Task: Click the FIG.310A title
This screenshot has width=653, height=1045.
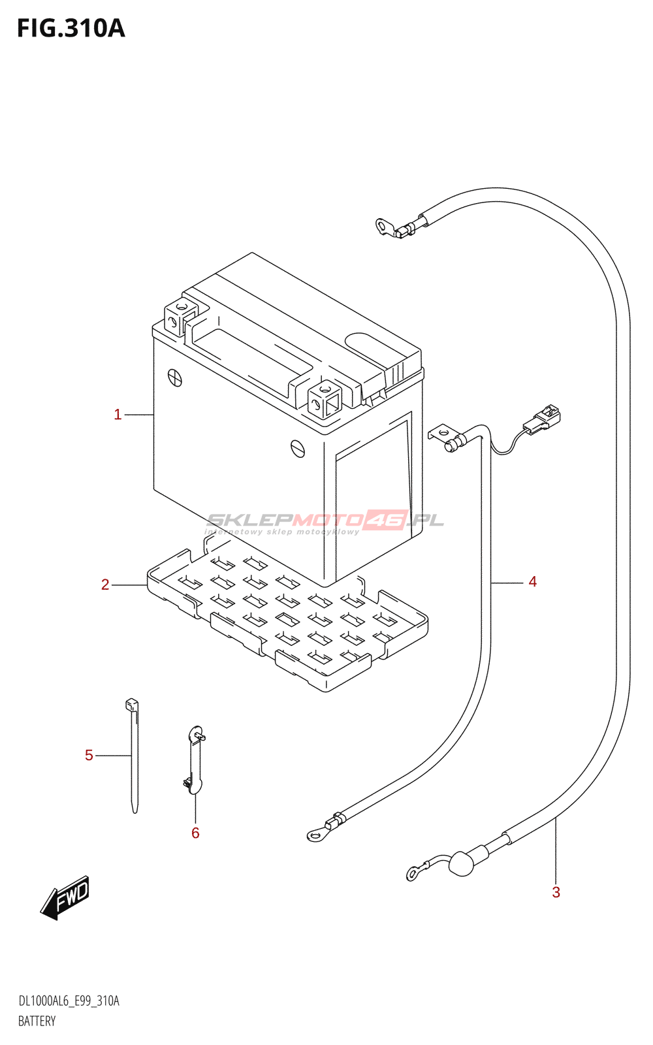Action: [71, 29]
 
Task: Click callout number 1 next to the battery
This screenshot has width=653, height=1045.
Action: [118, 414]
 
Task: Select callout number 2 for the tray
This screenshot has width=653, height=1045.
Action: [105, 585]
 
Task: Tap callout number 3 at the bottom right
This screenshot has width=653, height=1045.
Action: [556, 892]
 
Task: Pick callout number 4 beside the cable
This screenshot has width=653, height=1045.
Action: [533, 582]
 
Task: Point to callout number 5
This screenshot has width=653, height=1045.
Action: [89, 755]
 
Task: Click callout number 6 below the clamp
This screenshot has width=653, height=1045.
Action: [195, 833]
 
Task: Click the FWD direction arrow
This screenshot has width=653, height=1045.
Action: [65, 898]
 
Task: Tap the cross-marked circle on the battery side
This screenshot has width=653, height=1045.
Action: [175, 378]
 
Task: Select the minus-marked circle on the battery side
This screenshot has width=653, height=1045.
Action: [298, 448]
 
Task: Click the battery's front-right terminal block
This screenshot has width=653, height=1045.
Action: [325, 399]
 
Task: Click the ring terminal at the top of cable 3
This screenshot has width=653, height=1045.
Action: [384, 227]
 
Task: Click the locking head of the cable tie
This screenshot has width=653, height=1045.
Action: [132, 705]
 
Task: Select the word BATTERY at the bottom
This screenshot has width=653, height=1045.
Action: [37, 1021]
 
